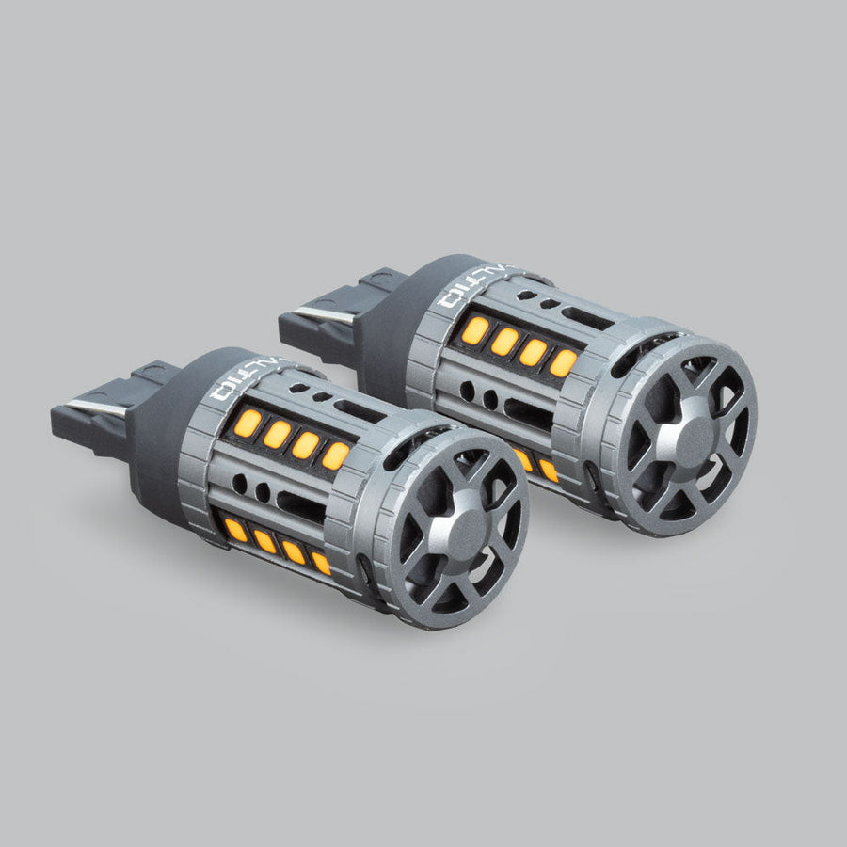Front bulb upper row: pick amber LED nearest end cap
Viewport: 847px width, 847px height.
335,455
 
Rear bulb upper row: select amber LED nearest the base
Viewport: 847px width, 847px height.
475,330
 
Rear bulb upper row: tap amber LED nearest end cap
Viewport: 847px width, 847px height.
563,362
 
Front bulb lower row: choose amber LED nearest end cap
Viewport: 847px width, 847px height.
322,563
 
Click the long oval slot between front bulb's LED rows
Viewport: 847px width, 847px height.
301,508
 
